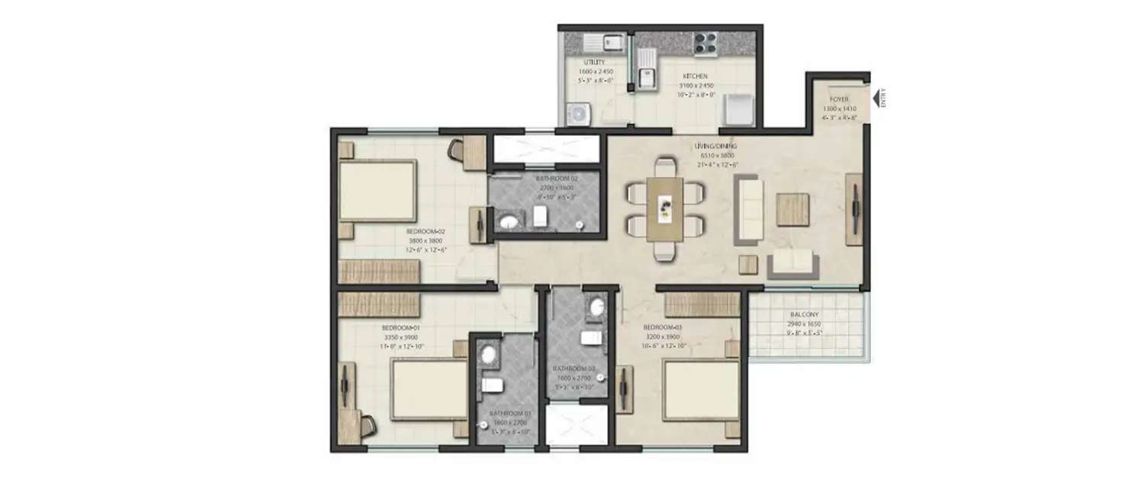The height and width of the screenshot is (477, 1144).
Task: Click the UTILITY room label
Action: point(594,62)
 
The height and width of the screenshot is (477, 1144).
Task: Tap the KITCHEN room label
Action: point(695,76)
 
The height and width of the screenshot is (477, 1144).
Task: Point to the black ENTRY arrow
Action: point(876,97)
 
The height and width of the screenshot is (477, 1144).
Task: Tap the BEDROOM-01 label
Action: point(400,328)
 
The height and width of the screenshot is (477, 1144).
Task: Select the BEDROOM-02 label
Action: point(425,231)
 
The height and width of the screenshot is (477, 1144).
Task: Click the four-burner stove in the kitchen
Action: point(704,43)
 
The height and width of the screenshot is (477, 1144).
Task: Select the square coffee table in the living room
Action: point(792,209)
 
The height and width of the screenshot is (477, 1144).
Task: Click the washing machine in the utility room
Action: point(579,114)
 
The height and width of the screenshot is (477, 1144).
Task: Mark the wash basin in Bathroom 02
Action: point(509,223)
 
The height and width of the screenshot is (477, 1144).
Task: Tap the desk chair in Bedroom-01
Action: point(367,426)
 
